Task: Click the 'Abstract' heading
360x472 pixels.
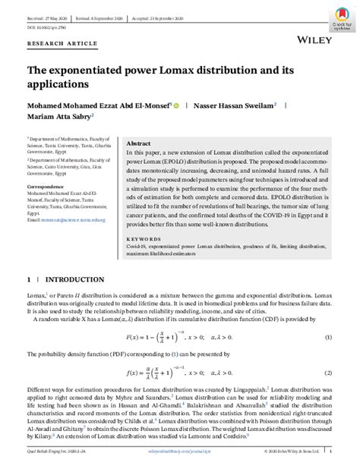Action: coord(138,143)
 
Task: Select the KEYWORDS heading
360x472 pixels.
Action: coord(141,236)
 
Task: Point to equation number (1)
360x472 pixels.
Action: coord(328,336)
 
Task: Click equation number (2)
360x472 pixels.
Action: coord(328,373)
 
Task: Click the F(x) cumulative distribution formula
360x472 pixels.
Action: coord(178,336)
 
